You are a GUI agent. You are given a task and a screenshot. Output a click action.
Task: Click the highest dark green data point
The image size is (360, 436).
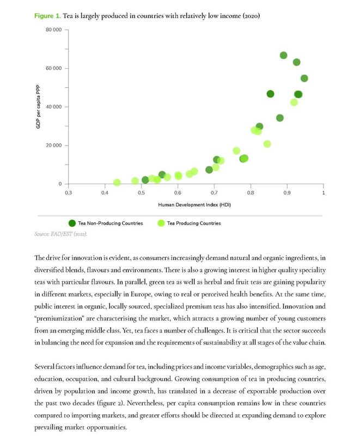[x=283, y=56]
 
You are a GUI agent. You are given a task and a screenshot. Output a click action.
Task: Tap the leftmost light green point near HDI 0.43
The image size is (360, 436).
[x=117, y=183]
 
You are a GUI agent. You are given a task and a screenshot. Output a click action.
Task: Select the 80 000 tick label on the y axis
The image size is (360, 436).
[x=53, y=30]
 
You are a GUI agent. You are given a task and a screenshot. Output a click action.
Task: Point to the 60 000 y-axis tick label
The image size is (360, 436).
[x=53, y=69]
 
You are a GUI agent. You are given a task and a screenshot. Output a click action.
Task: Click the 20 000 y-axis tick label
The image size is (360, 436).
[x=53, y=146]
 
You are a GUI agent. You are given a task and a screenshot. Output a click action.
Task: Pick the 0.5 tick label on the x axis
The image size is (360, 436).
[x=141, y=193]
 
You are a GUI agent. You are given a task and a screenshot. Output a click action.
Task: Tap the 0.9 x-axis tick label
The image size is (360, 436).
[x=287, y=193]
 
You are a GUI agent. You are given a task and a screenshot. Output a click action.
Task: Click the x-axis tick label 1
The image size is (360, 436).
[x=324, y=193]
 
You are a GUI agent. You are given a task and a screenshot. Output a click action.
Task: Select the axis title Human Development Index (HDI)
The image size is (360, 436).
[x=194, y=205]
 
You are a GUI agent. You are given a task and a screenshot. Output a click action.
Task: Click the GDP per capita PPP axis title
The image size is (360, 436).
[x=38, y=107]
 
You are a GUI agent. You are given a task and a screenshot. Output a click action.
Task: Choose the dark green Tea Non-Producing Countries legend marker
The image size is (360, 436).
[x=72, y=223]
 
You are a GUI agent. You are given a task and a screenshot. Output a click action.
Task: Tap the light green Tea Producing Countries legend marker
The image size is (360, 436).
[x=161, y=223]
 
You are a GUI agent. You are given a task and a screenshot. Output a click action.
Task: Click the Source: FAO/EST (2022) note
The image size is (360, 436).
[x=61, y=234]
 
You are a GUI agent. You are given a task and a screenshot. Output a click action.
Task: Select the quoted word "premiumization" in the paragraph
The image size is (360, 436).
[x=59, y=318]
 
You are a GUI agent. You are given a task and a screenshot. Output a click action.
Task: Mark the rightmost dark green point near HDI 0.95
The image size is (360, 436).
[x=304, y=78]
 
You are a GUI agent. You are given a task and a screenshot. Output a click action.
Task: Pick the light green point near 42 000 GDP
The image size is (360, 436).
[x=294, y=102]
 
